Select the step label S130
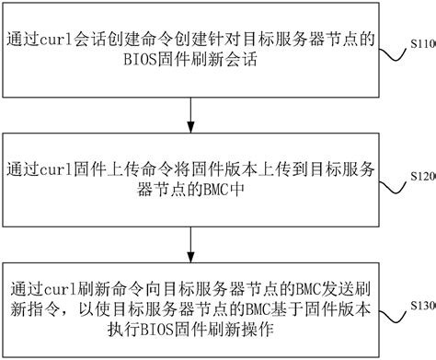coord(420,304)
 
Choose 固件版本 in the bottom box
coord(336,308)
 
